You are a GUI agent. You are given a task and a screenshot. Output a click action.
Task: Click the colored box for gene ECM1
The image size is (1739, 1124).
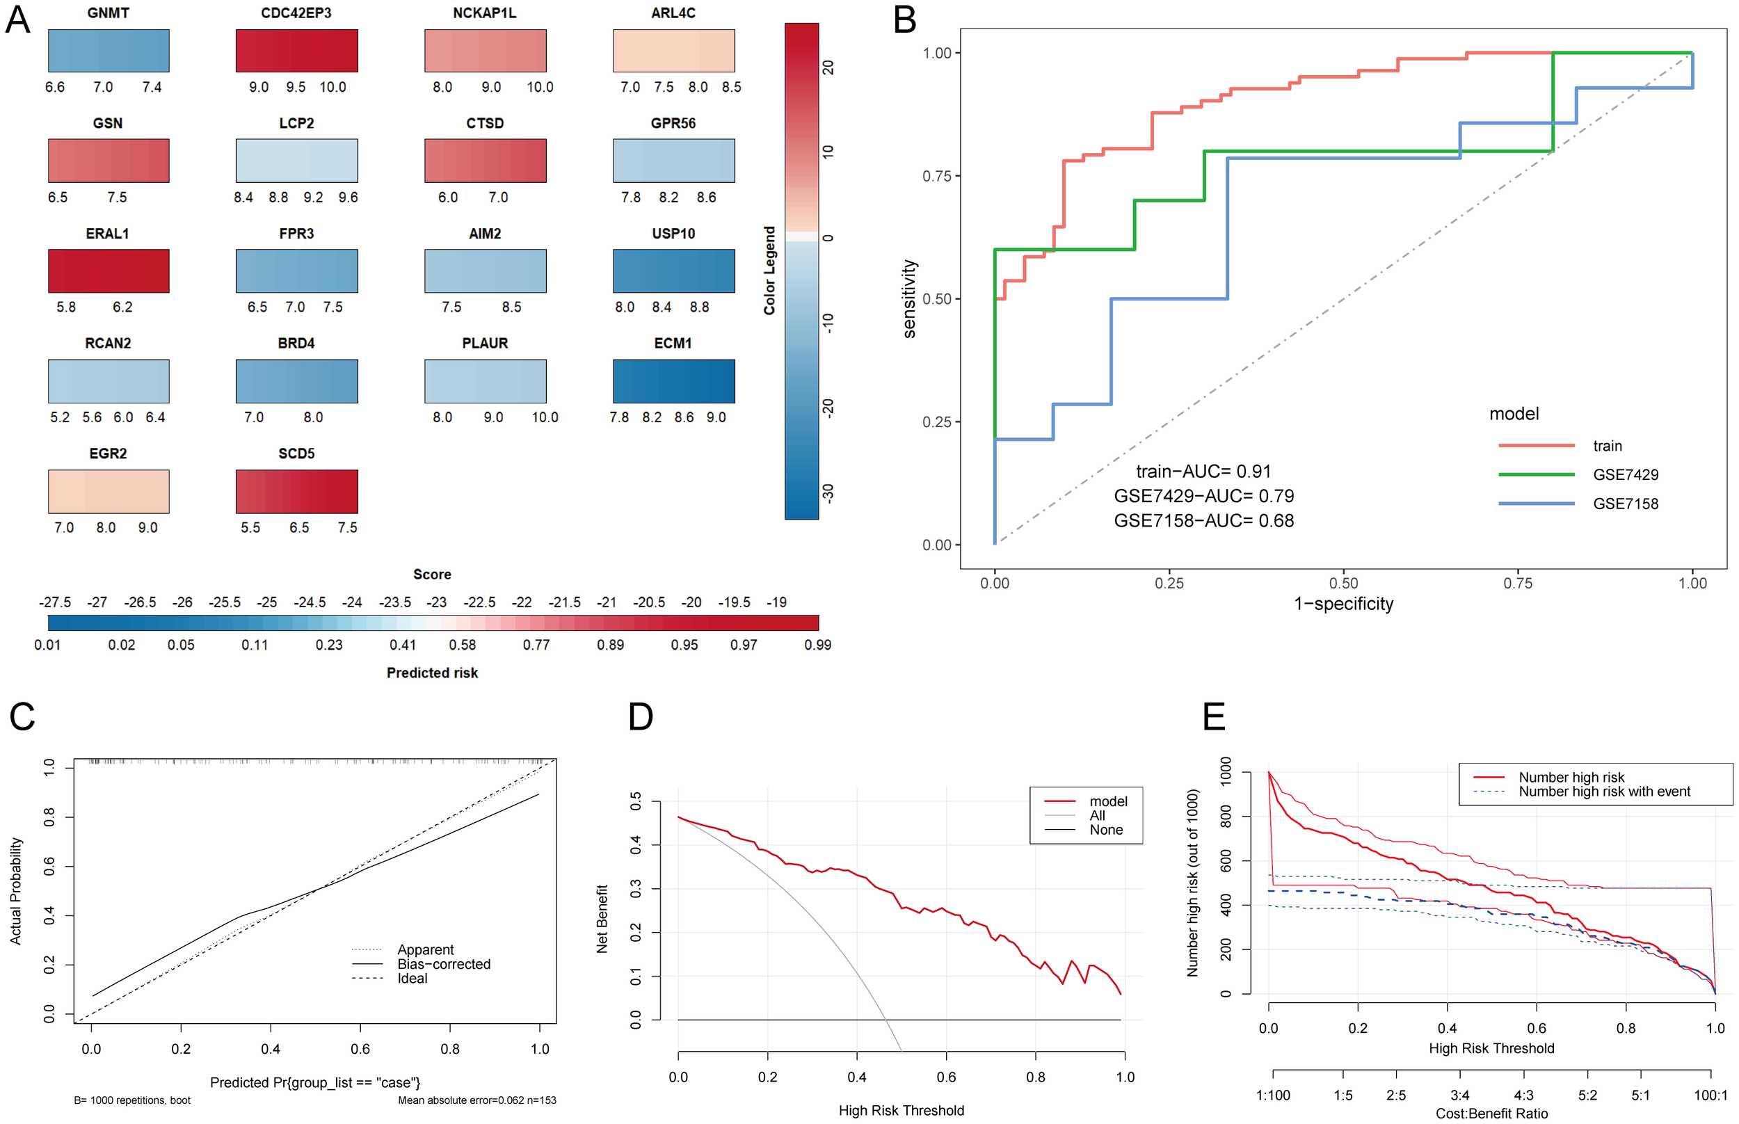coord(673,381)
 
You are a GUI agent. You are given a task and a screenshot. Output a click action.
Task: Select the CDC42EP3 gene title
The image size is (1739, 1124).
coord(296,13)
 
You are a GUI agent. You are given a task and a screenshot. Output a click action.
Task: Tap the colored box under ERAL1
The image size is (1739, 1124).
coord(109,271)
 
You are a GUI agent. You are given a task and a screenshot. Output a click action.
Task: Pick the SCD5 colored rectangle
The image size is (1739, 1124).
coord(296,491)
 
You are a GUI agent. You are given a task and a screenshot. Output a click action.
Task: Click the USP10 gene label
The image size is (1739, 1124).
coord(673,234)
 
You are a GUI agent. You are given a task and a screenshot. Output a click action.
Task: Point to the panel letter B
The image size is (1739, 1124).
coord(904,19)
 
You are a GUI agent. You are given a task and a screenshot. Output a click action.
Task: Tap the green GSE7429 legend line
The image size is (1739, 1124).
coord(1535,474)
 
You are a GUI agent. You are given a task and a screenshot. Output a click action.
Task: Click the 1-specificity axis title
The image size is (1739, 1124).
coord(1343,604)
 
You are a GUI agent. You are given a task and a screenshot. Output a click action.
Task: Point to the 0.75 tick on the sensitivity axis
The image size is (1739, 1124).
coord(937,176)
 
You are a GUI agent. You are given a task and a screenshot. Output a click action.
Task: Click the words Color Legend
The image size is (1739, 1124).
coord(769,270)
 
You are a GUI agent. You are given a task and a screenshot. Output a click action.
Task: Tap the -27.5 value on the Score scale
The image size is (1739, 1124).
coord(55,602)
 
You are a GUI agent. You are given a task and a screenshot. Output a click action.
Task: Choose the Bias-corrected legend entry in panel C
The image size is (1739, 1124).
coord(443,964)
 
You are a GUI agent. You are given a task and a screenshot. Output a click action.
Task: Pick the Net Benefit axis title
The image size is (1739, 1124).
coord(602,919)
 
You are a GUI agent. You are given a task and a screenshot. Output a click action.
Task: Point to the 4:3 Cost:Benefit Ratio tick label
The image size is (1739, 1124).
coord(1523,1095)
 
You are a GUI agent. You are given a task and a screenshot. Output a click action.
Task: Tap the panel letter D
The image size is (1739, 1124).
coord(640,718)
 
